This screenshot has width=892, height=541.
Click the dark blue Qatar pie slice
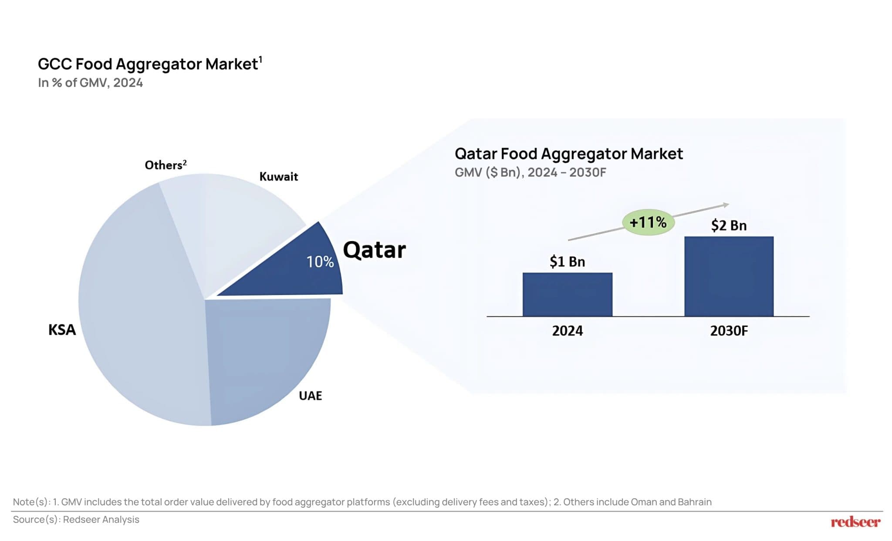click(x=296, y=270)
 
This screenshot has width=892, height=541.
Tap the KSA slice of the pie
click(x=139, y=305)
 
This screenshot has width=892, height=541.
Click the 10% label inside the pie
click(x=320, y=262)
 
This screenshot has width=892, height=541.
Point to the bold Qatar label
click(x=374, y=250)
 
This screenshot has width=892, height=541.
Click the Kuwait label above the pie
click(x=278, y=177)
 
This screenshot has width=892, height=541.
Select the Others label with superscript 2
click(x=166, y=165)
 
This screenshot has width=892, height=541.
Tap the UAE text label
click(x=310, y=396)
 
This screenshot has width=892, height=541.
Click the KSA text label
click(x=62, y=330)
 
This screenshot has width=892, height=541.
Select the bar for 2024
click(x=567, y=294)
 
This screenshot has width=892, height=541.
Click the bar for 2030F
click(x=729, y=276)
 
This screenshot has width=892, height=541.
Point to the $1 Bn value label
click(x=567, y=262)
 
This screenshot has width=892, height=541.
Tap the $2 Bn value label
click(x=729, y=225)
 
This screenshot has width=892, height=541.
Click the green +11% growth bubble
click(x=648, y=222)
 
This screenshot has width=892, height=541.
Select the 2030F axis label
click(x=729, y=331)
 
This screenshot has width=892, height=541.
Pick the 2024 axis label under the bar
click(x=567, y=331)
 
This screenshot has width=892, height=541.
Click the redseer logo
click(x=855, y=521)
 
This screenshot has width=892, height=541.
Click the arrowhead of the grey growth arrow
click(x=726, y=205)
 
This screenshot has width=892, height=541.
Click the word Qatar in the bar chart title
click(x=476, y=154)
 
